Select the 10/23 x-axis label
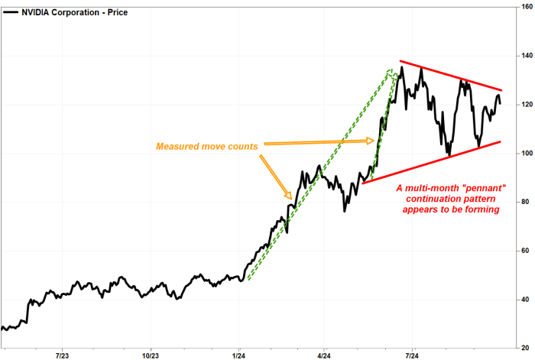click(151, 355)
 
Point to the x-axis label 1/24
click(238, 355)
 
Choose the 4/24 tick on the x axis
click(325, 355)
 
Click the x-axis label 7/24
click(412, 355)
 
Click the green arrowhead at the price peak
click(392, 74)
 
